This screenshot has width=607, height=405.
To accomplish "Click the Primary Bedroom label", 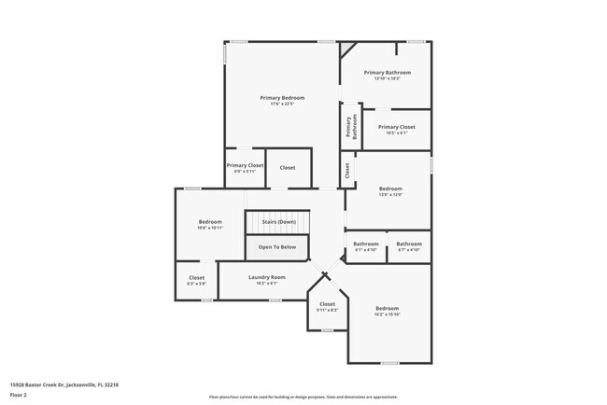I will coord(281,97).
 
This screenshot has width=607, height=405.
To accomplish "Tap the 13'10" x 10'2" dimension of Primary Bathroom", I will coord(387,78).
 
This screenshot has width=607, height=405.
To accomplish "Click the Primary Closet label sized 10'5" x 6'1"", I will coord(396,127).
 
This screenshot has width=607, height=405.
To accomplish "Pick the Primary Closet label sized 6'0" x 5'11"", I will coord(245,165).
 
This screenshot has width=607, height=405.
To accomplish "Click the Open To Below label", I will coord(277,246).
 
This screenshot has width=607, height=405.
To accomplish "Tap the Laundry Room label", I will coord(267,277).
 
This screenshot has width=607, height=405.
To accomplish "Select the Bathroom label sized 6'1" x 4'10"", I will coord(364,244).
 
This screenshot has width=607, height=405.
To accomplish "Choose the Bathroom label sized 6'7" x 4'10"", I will coord(409,244).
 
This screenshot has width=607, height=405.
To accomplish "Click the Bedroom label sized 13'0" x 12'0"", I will coord(390,189).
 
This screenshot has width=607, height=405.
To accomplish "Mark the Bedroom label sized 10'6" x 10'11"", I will coord(210,222).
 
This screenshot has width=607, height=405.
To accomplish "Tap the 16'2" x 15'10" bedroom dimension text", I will coord(387,314).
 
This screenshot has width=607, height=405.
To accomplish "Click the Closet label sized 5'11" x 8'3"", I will coord(327,303).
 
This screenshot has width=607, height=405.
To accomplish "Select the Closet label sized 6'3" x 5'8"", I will coord(196,277).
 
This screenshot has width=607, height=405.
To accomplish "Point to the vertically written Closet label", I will coord(346,171).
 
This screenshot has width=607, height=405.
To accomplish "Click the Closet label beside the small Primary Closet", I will coord(288,168).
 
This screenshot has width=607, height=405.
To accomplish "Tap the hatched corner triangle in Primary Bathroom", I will coord(346,48).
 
